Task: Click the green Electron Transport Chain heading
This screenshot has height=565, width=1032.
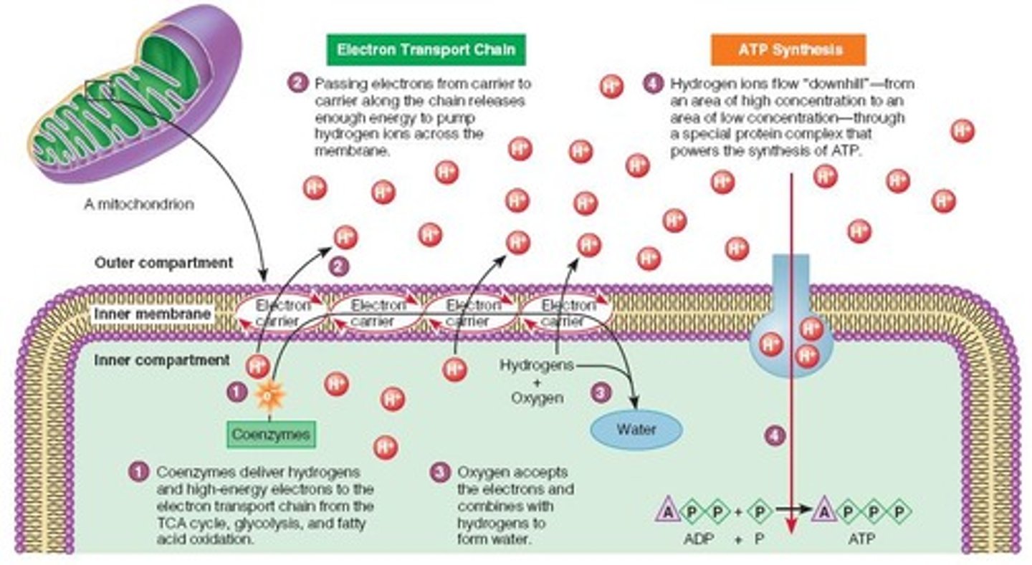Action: (426, 50)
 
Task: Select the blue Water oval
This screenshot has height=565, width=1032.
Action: (636, 430)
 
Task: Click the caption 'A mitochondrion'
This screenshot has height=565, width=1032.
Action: (139, 204)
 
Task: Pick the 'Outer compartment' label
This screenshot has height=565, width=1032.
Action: (164, 263)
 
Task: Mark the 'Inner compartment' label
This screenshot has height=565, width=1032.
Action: (162, 359)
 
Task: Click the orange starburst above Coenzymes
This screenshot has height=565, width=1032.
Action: (271, 395)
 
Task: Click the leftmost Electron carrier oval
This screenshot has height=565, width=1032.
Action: (282, 314)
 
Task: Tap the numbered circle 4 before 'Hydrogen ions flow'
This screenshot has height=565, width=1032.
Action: (652, 84)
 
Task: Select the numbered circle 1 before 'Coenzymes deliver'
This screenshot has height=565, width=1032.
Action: (138, 472)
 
